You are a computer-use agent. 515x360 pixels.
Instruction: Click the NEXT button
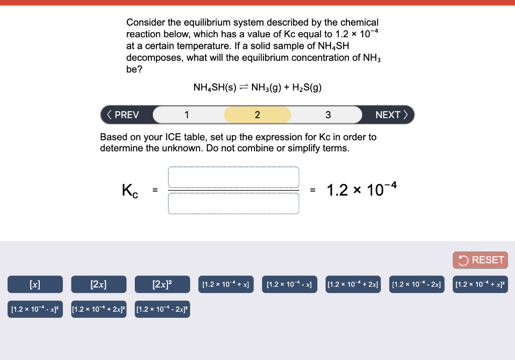pyautogui.click(x=392, y=115)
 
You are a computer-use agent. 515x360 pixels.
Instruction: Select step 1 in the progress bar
pyautogui.click(x=187, y=115)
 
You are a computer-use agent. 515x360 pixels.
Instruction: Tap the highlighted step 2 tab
pyautogui.click(x=257, y=115)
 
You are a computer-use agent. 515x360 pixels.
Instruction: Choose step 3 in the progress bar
pyautogui.click(x=328, y=115)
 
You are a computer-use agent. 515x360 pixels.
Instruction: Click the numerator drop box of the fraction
pyautogui.click(x=234, y=177)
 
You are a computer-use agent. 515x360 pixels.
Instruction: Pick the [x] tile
pyautogui.click(x=35, y=285)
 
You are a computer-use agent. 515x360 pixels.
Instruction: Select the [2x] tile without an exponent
pyautogui.click(x=99, y=285)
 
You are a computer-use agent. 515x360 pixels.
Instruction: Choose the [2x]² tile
pyautogui.click(x=162, y=285)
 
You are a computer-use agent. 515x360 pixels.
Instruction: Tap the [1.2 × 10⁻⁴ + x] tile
pyautogui.click(x=226, y=285)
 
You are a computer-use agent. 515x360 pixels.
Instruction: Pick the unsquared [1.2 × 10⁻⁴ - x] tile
pyautogui.click(x=289, y=285)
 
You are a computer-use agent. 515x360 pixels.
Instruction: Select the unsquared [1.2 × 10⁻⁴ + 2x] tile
pyautogui.click(x=353, y=285)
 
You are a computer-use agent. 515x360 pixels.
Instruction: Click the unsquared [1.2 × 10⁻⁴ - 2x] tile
pyautogui.click(x=416, y=285)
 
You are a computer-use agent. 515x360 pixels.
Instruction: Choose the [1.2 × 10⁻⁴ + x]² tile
pyautogui.click(x=480, y=285)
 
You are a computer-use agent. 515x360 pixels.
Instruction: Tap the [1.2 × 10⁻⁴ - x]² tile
pyautogui.click(x=35, y=309)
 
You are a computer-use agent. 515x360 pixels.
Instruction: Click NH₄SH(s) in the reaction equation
pyautogui.click(x=215, y=87)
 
